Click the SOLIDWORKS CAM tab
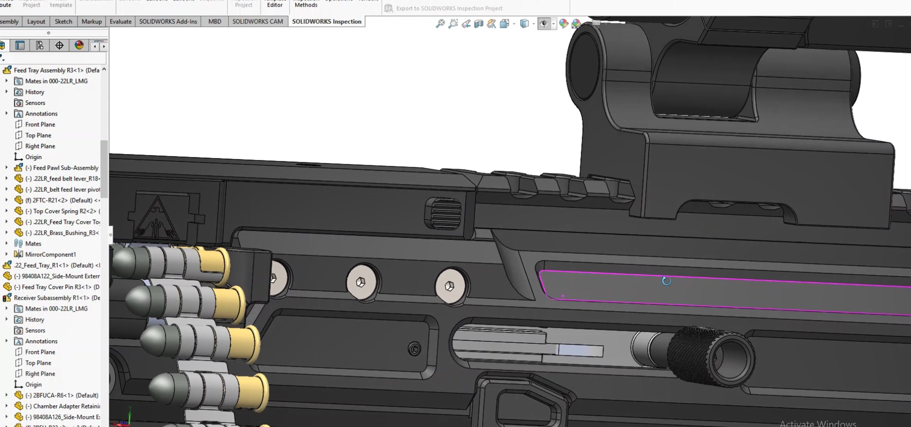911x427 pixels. [x=257, y=21]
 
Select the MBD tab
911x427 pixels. [x=214, y=21]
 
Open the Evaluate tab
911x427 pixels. [x=121, y=21]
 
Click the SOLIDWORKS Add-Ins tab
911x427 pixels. [x=168, y=21]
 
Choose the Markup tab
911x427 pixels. [x=92, y=21]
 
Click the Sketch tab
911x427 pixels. [x=64, y=21]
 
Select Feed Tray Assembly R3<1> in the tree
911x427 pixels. [x=56, y=70]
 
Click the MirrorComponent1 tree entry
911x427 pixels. [x=50, y=254]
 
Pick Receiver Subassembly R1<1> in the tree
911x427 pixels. [x=56, y=298]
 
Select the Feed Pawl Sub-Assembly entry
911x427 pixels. [x=65, y=168]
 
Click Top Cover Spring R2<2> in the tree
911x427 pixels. [x=65, y=211]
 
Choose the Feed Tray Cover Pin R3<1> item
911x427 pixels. [x=60, y=287]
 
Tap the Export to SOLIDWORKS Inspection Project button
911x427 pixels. [x=449, y=8]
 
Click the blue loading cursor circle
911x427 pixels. [x=666, y=281]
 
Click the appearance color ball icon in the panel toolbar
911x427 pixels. [x=79, y=45]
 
